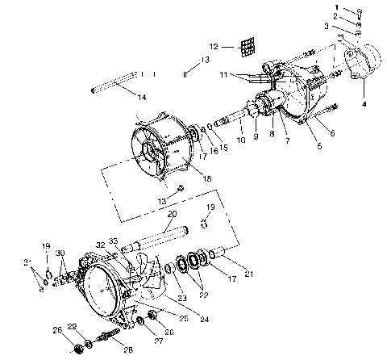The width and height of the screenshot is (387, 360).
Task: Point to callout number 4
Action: click(364, 103)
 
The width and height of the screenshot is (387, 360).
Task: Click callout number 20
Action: click(172, 215)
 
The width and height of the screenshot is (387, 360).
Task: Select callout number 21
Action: click(249, 274)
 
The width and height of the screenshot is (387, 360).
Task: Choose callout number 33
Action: click(112, 241)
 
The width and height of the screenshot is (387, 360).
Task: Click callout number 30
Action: click(60, 253)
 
